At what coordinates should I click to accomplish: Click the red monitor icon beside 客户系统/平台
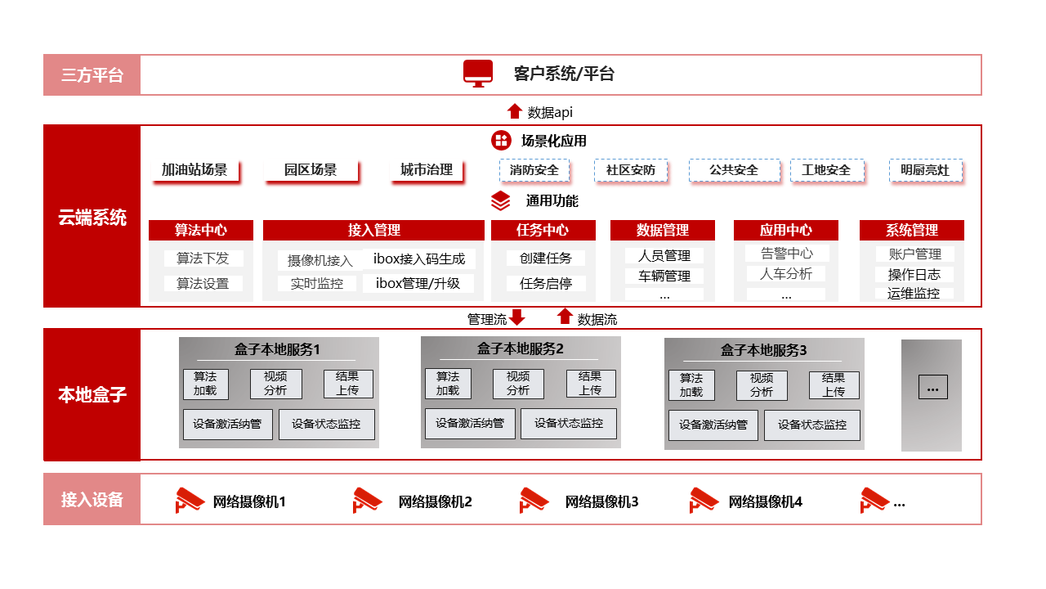(x=478, y=74)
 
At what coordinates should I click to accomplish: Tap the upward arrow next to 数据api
(x=515, y=111)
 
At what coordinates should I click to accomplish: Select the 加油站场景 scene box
(x=194, y=169)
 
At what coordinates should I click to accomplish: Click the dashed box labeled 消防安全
(x=534, y=170)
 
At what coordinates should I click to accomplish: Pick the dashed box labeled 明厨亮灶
(x=925, y=170)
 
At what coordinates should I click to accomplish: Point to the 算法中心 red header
(x=201, y=230)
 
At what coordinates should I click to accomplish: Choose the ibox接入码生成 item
(x=419, y=259)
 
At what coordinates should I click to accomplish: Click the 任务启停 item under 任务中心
(x=546, y=283)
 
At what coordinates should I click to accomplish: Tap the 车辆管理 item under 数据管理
(x=664, y=277)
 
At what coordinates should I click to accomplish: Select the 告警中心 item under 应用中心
(x=787, y=254)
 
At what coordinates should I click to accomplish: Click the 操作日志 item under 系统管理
(x=914, y=274)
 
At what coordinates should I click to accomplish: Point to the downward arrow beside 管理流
(x=517, y=317)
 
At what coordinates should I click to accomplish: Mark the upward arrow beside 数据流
(x=565, y=316)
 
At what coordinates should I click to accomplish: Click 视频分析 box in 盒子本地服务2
(x=518, y=384)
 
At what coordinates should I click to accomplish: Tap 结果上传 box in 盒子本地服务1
(x=348, y=384)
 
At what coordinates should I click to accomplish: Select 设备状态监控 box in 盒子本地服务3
(x=812, y=425)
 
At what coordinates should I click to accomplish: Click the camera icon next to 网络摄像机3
(x=534, y=500)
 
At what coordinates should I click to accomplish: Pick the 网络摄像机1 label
(x=249, y=502)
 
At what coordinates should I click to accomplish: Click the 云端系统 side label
(x=92, y=218)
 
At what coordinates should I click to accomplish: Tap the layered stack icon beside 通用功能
(x=501, y=201)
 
